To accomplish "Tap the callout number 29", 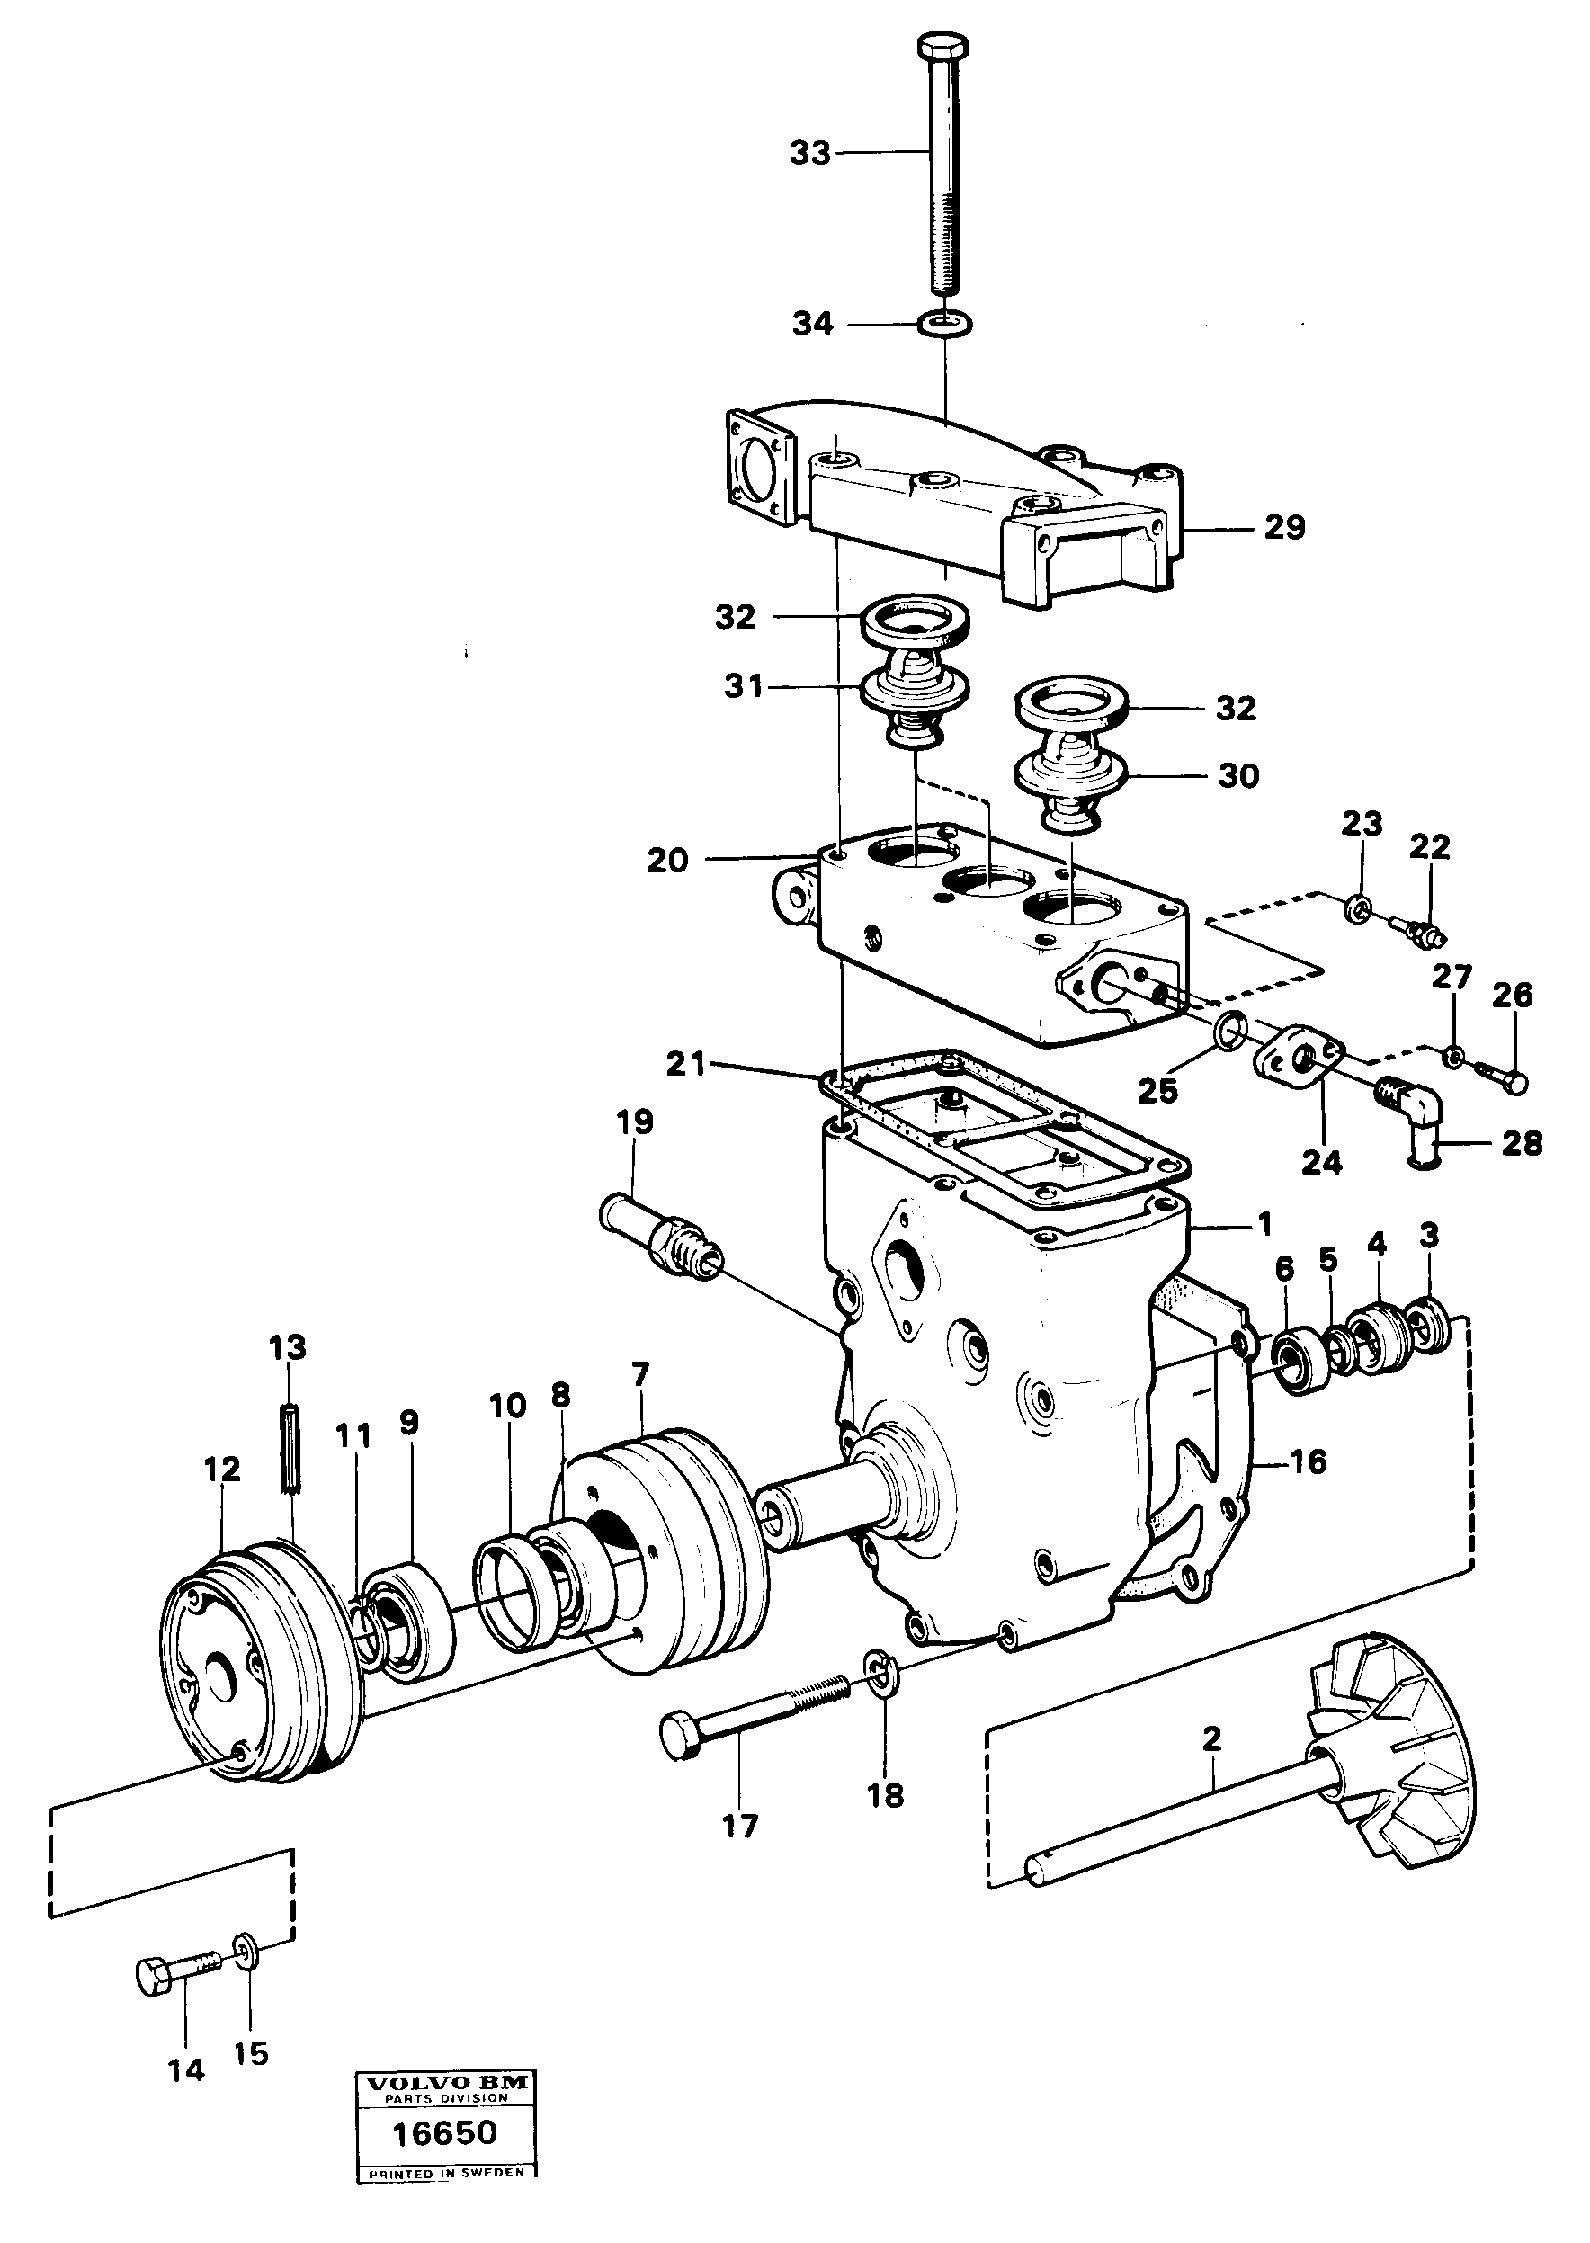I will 1284,528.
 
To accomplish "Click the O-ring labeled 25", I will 1228,1029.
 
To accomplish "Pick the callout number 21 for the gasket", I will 685,1064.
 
